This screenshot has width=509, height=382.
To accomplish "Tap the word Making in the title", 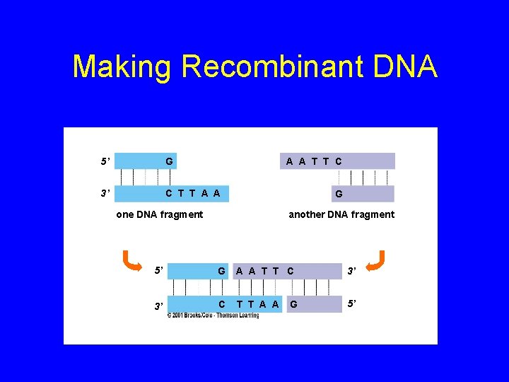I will tap(122, 67).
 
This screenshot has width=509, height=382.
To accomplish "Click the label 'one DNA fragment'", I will tap(159, 214).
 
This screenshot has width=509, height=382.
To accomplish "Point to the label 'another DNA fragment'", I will tap(341, 214).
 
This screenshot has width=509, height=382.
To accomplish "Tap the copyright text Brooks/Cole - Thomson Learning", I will tap(213, 315).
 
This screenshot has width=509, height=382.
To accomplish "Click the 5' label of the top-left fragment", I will tap(105, 162).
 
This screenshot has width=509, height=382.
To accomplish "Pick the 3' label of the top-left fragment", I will tap(105, 193).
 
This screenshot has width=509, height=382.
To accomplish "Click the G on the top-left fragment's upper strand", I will tap(169, 162).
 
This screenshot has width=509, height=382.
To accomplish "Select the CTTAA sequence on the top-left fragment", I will tap(192, 193).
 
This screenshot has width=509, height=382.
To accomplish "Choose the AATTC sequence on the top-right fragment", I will tap(314, 162).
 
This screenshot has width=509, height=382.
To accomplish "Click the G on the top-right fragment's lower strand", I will tap(339, 194).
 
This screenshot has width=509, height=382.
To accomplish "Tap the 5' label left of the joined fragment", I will tap(159, 270).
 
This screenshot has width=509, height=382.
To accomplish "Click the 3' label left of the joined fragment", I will tap(159, 306).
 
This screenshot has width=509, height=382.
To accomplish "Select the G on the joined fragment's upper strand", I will tap(221, 270).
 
